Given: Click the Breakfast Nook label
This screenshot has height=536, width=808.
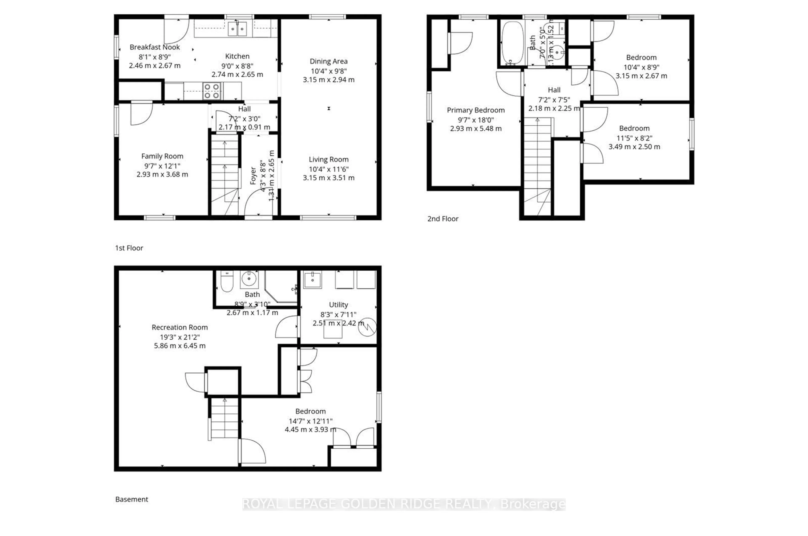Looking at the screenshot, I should point(155,47).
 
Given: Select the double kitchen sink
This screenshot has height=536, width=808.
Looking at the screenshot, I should point(237,29).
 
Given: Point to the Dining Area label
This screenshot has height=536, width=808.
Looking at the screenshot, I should point(328,62).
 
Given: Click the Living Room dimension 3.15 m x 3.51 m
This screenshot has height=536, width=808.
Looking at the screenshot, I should point(328,178).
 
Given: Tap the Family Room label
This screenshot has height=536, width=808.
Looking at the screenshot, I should point(162,156).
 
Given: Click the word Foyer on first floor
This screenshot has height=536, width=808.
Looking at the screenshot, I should point(253,176).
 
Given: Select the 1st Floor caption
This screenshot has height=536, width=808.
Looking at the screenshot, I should point(129,248).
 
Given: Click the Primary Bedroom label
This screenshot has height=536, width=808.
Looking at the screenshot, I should point(476,110).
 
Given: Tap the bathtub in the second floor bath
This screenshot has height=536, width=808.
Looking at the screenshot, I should point(512,43).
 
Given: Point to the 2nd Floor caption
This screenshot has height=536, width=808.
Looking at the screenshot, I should point(443,219).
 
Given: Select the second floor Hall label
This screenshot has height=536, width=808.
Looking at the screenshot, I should point(554,90).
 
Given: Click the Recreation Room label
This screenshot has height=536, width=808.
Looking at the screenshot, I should point(180,327).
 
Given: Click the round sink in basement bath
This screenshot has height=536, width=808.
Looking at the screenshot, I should point(249,279).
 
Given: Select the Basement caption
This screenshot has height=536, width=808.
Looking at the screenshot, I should point(132,499).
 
